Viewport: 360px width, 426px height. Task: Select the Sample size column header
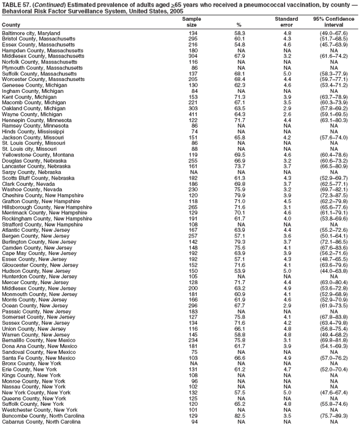(191, 22)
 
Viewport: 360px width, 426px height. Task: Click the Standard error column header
(286, 22)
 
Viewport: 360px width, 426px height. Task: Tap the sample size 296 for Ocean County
(193, 306)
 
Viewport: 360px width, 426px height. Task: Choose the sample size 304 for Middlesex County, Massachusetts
(193, 56)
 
